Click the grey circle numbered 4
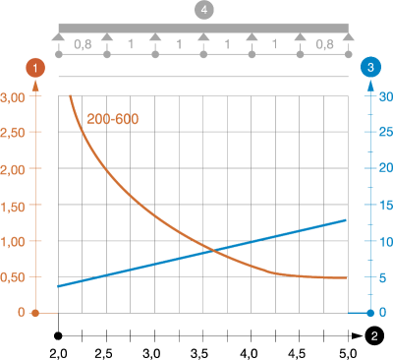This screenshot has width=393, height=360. coord(203,10)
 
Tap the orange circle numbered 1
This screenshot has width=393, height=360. coord(35,68)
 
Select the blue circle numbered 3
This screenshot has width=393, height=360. coord(370,67)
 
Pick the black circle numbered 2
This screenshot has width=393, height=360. coord(374,335)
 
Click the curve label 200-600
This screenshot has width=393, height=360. coord(113,119)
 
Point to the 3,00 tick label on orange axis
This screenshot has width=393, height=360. coord(13,97)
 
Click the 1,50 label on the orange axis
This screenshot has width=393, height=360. coord(13,207)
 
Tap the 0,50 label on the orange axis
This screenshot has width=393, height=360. coord(13,277)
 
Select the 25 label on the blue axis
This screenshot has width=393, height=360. coord(386,132)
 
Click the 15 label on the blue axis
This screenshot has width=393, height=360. coord(386,206)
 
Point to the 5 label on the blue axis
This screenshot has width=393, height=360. coord(382,278)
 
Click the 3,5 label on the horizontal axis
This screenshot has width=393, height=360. coord(199,354)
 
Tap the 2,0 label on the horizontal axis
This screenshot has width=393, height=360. coord(58,354)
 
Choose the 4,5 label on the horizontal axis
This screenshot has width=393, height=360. coord(297,354)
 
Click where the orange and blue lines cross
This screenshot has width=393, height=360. coord(213,251)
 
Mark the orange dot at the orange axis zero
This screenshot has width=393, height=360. coord(35,314)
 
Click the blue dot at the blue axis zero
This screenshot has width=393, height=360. coord(370,313)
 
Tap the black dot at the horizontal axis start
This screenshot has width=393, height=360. coord(58,335)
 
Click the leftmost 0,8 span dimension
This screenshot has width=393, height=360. coord(83,44)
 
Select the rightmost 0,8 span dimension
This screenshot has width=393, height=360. coord(324,44)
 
